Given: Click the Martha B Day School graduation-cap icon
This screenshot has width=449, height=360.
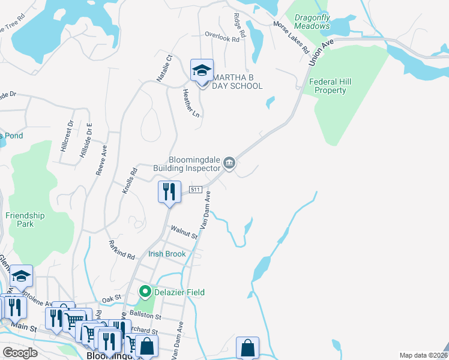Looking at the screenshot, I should pos(202,71).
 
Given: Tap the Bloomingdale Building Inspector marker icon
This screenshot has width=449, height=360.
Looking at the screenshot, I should pos(229,163).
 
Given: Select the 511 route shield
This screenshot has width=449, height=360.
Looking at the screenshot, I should pos(195,190).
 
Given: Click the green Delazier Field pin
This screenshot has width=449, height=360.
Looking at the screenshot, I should pos(145,292).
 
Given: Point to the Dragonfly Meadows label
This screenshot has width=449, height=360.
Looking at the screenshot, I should pos(312,22).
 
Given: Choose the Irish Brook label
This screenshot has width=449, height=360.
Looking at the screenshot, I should pos(167,254).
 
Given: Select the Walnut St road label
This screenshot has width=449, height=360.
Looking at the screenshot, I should pos(184,232).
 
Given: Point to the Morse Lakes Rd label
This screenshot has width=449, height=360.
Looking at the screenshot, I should pos(291,40).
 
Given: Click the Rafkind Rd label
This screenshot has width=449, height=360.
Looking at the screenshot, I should pos(121,249).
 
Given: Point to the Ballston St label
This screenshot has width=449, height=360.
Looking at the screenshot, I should pos(148,316).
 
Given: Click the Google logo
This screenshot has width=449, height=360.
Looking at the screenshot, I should pos(20,353).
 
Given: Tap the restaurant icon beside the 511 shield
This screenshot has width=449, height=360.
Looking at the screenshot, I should pos(169,192).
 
